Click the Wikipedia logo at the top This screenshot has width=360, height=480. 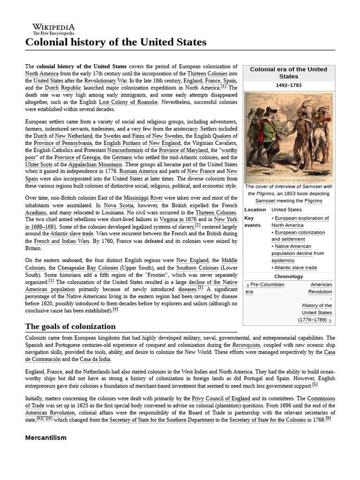(53, 29)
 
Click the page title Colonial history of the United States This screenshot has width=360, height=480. (115, 42)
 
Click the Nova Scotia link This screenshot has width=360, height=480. (119, 205)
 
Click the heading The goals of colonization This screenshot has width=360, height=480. (70, 326)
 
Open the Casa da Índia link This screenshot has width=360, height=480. (95, 359)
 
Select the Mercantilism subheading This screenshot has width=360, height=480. (45, 437)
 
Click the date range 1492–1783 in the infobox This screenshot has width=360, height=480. (288, 85)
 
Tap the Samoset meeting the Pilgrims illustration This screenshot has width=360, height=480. (288, 137)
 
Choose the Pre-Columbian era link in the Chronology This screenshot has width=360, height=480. (265, 288)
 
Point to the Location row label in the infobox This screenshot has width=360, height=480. (255, 210)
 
